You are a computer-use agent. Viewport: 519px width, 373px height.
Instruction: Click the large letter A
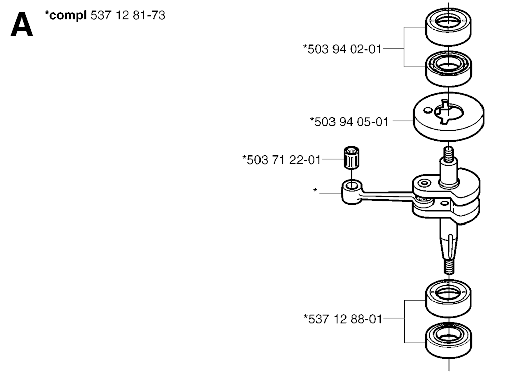(x=22, y=25)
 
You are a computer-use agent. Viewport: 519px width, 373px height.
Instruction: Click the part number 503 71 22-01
(x=282, y=160)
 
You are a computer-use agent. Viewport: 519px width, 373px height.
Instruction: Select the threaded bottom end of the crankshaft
(x=448, y=266)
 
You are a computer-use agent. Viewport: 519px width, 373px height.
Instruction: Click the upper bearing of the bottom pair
(x=448, y=299)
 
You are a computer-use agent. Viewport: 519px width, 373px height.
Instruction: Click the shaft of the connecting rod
(x=385, y=195)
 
